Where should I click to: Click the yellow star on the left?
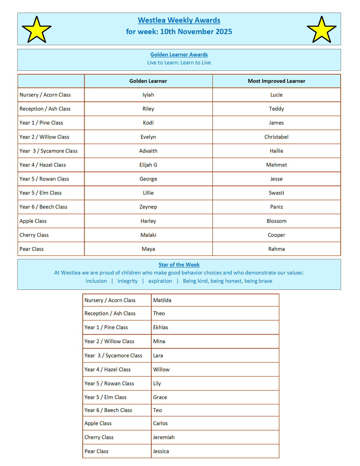pos(36,30)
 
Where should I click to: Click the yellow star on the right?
pos(322,30)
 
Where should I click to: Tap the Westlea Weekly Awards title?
pos(179,20)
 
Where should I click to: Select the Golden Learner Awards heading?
pos(179,54)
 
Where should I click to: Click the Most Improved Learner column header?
pos(276,81)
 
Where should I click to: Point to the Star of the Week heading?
pos(179,264)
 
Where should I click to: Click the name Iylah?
pos(148,95)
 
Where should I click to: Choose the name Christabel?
pos(276,137)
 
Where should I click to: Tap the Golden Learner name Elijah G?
pos(148,165)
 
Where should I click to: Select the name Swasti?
pos(276,193)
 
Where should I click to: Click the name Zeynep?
pos(148,207)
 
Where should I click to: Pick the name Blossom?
pos(276,221)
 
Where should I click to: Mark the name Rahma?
pos(276,249)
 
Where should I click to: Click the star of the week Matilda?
pos(162,300)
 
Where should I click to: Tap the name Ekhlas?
pos(160,327)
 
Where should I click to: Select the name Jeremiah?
pos(164,437)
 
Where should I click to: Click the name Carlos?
pos(160,423)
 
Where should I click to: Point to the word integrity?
pos(127,281)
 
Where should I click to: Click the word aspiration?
pos(160,281)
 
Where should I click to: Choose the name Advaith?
pos(148,151)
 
